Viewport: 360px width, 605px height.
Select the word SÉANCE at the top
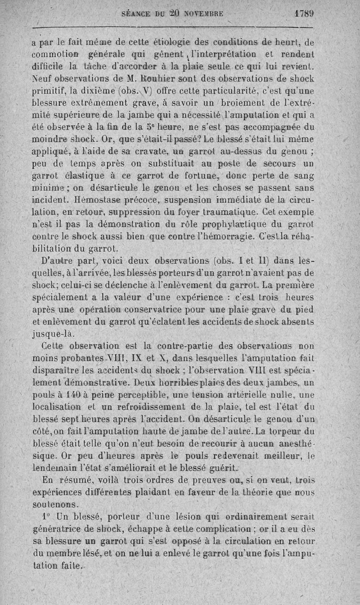(x=137, y=14)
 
